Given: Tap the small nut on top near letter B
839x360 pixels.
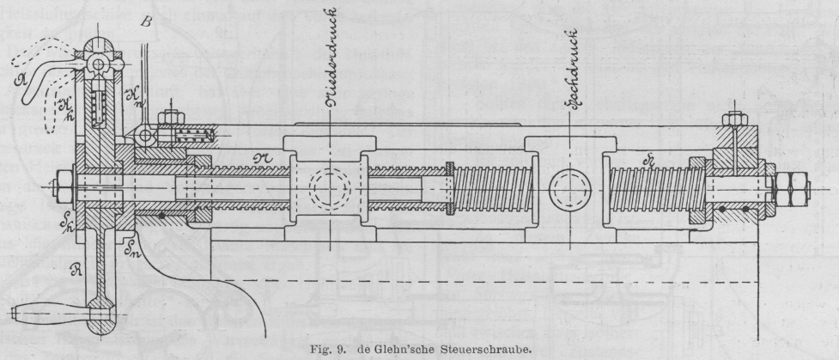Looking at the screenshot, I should [x=173, y=113].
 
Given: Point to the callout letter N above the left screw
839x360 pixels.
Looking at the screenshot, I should [x=263, y=155].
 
